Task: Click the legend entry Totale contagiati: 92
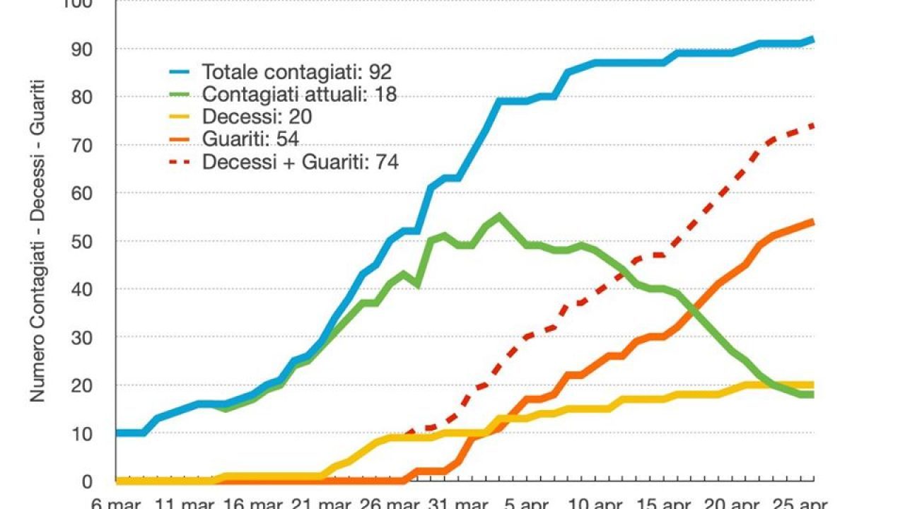pyautogui.click(x=297, y=71)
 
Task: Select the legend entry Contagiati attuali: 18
pyautogui.click(x=299, y=94)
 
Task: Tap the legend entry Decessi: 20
pyautogui.click(x=257, y=117)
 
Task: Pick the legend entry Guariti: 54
pyautogui.click(x=250, y=139)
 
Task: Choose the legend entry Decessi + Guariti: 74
pyautogui.click(x=300, y=162)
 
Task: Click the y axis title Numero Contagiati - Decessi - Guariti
pyautogui.click(x=37, y=240)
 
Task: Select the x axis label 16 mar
pyautogui.click(x=254, y=503)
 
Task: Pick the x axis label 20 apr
pyautogui.click(x=730, y=503)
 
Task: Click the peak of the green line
pyautogui.click(x=499, y=216)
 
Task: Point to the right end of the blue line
pyautogui.click(x=813, y=40)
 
